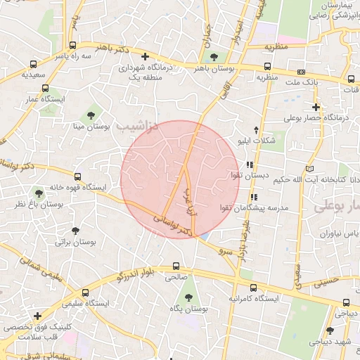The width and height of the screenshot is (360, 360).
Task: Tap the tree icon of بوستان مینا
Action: [x=89, y=115]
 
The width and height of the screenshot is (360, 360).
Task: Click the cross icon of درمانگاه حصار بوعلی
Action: [x=316, y=108]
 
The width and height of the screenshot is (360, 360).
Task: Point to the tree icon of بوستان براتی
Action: [x=75, y=230]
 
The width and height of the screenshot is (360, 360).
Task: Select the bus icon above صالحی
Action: [x=176, y=266]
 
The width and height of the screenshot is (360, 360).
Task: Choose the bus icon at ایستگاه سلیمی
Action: [x=85, y=292]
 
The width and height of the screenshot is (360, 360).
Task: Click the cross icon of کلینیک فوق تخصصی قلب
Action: [x=37, y=317]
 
